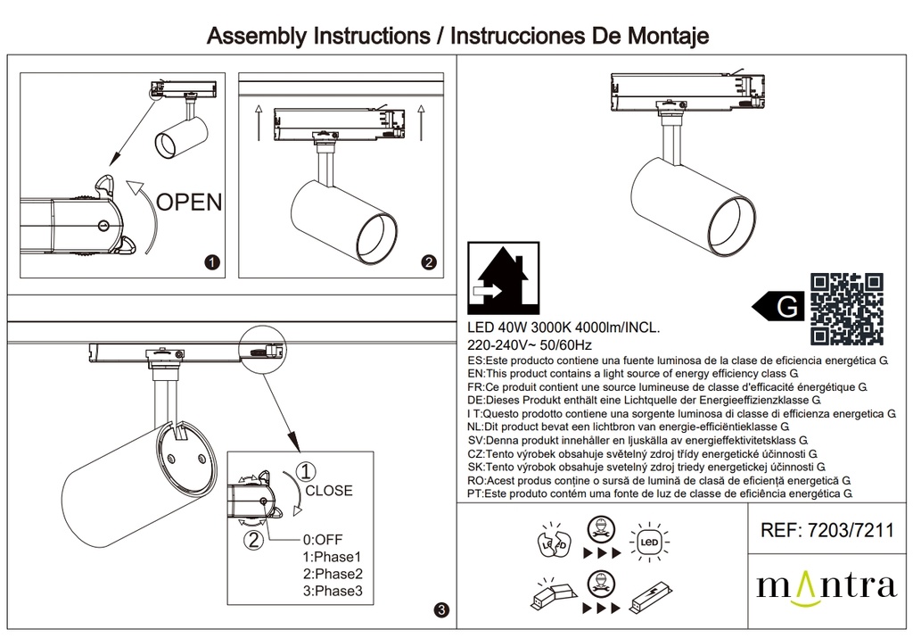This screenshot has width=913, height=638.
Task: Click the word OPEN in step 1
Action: (189, 201)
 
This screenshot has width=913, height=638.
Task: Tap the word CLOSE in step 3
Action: (329, 491)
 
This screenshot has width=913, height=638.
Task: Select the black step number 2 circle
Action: (429, 262)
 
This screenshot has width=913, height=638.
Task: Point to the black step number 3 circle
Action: (440, 610)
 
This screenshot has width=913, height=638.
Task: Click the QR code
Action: (847, 309)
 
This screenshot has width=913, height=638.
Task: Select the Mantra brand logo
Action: (826, 586)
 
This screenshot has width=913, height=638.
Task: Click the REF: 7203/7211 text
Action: (827, 532)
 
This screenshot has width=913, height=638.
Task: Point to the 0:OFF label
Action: (323, 540)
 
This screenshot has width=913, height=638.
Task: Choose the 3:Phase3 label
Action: (333, 591)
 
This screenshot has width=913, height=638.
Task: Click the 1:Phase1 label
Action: (333, 557)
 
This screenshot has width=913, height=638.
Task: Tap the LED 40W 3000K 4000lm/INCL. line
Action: (563, 328)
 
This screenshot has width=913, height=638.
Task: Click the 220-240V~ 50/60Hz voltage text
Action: (530, 345)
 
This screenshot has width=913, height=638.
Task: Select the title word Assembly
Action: (256, 37)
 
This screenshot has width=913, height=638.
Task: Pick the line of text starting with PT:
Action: (660, 493)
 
